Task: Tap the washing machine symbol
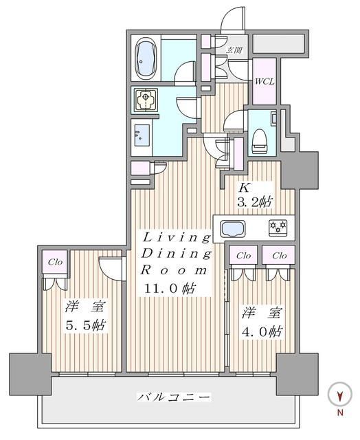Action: coord(146,100)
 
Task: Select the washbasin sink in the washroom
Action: coord(144,134)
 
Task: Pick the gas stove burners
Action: coord(276,227)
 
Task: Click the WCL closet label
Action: coord(265,81)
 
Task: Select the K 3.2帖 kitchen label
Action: coord(254,194)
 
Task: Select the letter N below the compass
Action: coord(339,412)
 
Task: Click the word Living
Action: coord(176,238)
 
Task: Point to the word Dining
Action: coord(176,254)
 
